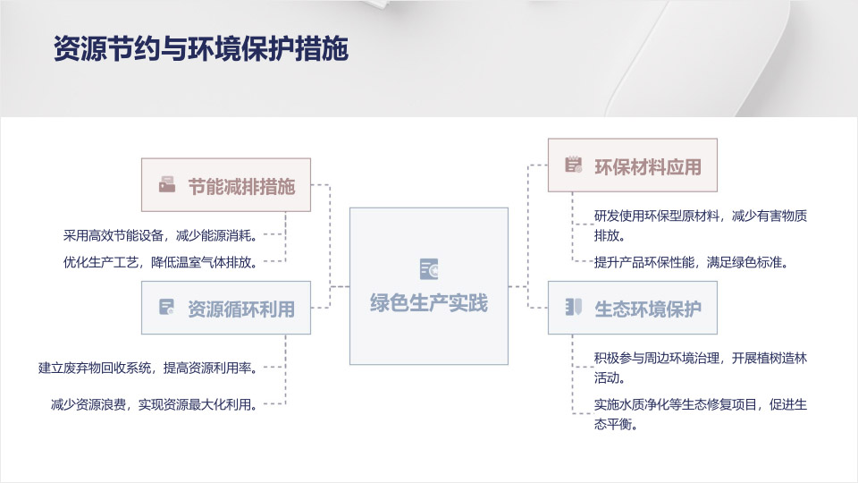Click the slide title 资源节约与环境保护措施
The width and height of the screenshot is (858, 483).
(x=201, y=48)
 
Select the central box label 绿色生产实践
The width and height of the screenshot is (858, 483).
(x=428, y=303)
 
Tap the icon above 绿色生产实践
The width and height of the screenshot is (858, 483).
(x=429, y=269)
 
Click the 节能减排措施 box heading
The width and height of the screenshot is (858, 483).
(x=241, y=187)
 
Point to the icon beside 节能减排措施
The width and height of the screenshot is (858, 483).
(x=167, y=184)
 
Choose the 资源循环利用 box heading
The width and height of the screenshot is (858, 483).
(x=241, y=309)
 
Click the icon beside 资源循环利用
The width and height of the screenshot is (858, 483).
(x=167, y=307)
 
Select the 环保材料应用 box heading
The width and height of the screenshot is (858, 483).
(x=648, y=167)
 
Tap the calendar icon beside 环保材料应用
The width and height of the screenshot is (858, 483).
(x=574, y=165)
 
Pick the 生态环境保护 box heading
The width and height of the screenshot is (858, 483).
(x=648, y=309)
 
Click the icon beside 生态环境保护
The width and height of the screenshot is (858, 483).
(x=574, y=307)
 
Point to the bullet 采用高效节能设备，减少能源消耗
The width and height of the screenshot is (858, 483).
(x=160, y=235)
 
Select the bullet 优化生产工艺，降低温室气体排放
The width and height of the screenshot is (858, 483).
(x=160, y=262)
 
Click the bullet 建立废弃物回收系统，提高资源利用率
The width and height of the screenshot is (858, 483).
(x=147, y=368)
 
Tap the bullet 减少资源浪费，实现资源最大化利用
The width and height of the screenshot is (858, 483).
(x=154, y=404)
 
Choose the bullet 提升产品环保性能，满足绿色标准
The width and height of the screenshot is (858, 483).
(x=692, y=262)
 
